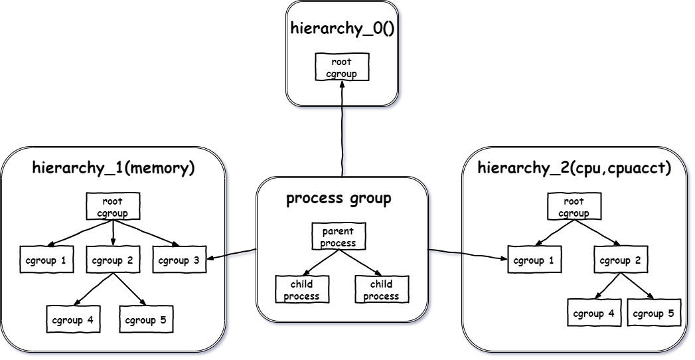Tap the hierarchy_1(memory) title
(x=114, y=167)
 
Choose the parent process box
(x=339, y=236)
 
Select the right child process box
(x=382, y=289)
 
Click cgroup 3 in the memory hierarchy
(x=179, y=260)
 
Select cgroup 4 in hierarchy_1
(x=72, y=319)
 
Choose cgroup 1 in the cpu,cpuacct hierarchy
(x=532, y=260)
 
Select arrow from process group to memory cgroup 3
(x=231, y=254)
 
